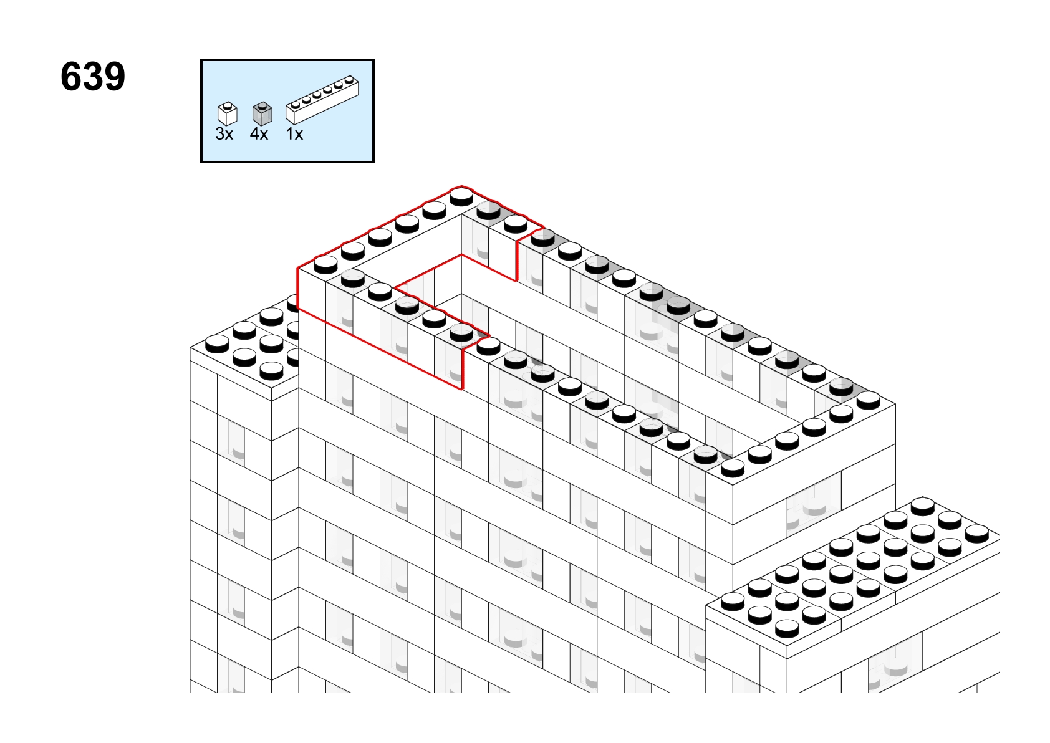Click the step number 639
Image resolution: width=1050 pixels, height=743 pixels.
pyautogui.click(x=93, y=77)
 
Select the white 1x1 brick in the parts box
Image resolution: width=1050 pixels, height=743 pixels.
pyautogui.click(x=228, y=114)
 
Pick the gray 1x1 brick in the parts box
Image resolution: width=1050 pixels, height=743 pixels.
pyautogui.click(x=262, y=114)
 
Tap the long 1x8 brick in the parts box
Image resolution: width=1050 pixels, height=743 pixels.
pyautogui.click(x=322, y=100)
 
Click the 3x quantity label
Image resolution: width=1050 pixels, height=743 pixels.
pyautogui.click(x=224, y=134)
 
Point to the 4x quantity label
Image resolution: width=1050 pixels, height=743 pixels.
pyautogui.click(x=259, y=134)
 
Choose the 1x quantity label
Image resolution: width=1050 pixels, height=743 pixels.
pyautogui.click(x=294, y=134)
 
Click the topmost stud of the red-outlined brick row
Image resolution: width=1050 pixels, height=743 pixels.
pyautogui.click(x=461, y=196)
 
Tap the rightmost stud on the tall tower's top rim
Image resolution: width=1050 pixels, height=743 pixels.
pyautogui.click(x=869, y=400)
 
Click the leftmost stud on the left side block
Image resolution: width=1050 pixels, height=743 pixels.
pyautogui.click(x=217, y=344)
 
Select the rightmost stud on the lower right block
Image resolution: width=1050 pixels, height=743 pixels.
pyautogui.click(x=977, y=534)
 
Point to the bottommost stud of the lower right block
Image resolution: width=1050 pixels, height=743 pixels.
pyautogui.click(x=787, y=628)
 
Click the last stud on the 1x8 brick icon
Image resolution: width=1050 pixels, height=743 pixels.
pyautogui.click(x=349, y=79)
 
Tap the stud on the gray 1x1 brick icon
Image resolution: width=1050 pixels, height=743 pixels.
pyautogui.click(x=262, y=105)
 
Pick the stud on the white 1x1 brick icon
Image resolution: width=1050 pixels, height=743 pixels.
pyautogui.click(x=228, y=105)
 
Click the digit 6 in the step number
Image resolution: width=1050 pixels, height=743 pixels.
pyautogui.click(x=71, y=77)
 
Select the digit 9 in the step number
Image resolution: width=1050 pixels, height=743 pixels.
pyautogui.click(x=115, y=77)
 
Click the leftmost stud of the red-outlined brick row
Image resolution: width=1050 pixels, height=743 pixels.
pyautogui.click(x=325, y=265)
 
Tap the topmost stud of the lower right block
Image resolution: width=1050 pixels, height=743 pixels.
pyautogui.click(x=923, y=506)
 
